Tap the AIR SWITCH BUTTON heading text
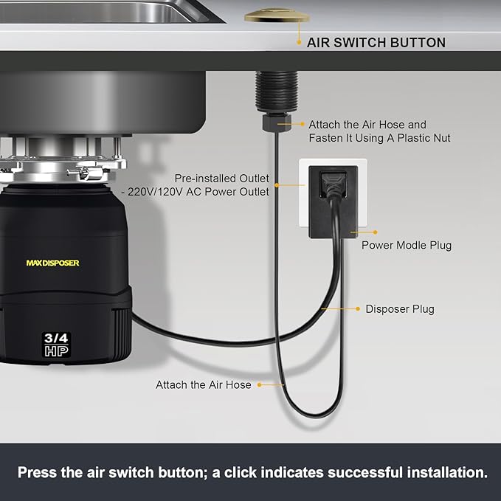click(376, 43)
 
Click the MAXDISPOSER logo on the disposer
click(52, 263)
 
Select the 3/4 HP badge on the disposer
click(56, 345)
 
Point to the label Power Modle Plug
click(406, 246)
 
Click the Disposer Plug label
click(400, 309)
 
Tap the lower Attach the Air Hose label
click(203, 384)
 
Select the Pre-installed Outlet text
click(221, 179)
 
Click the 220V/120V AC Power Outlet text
click(222, 192)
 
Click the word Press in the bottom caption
click(38, 472)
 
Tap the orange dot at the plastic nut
click(281, 125)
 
